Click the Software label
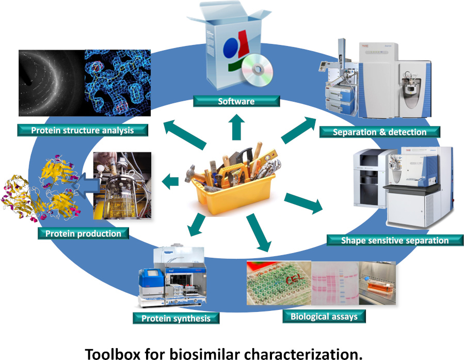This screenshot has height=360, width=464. click(x=236, y=101)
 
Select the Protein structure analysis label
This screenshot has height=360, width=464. click(x=82, y=130)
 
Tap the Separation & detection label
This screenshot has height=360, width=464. click(x=380, y=132)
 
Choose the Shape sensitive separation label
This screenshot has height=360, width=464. click(x=395, y=240)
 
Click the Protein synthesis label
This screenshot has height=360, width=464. click(x=176, y=318)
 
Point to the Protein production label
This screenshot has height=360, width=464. click(x=83, y=233)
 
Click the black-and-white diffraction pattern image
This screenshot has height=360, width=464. click(x=51, y=83)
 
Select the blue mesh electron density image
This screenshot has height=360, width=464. click(x=117, y=83)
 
